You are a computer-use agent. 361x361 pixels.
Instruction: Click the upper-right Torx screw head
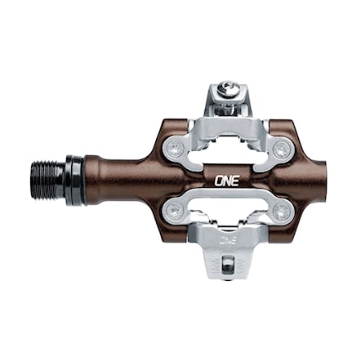click(281, 149)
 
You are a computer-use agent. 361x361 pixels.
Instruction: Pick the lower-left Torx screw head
click(175, 212)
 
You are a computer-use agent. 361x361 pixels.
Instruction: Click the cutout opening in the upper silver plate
click(228, 155)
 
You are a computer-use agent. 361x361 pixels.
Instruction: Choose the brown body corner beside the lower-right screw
click(297, 221)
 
